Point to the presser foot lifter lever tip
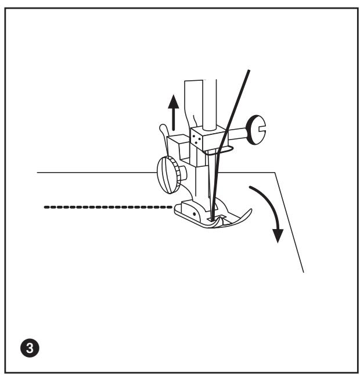(161, 127)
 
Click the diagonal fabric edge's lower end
(303, 271)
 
